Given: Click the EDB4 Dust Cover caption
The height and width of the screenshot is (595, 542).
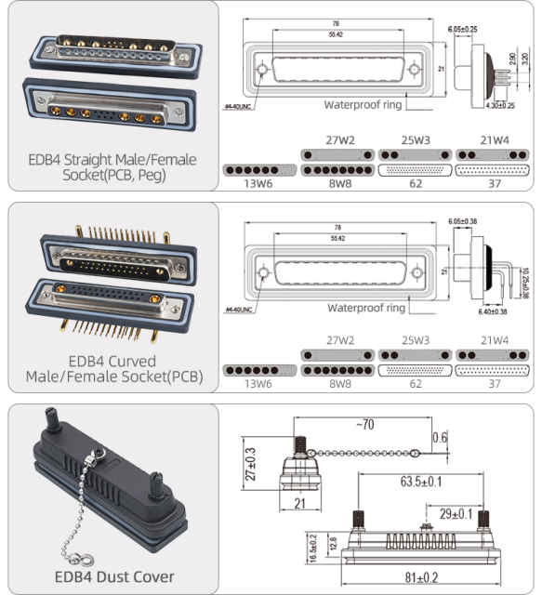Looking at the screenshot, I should (x=114, y=576).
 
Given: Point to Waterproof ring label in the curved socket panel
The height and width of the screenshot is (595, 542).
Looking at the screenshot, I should (x=363, y=308).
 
